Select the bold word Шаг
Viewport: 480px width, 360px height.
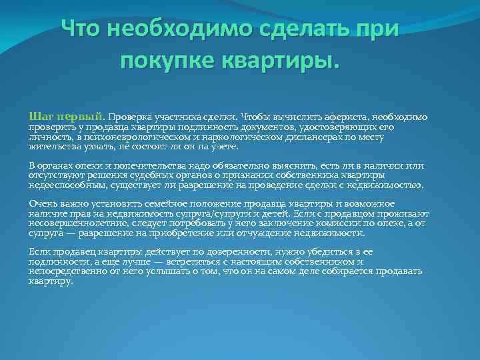[x=41, y=117]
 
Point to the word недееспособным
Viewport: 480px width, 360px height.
[x=64, y=185]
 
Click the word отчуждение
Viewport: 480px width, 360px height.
[x=285, y=233]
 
